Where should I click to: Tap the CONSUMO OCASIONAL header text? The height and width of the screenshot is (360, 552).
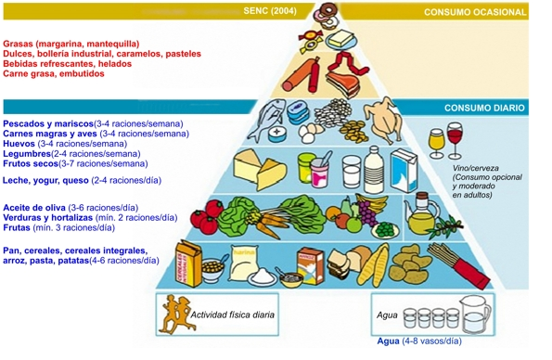point(475,12)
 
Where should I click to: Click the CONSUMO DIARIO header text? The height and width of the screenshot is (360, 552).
point(484,108)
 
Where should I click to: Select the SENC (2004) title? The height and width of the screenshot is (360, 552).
point(267,11)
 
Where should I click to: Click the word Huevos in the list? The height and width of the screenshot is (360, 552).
point(19,144)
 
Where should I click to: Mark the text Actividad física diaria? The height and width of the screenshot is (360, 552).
point(232,315)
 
